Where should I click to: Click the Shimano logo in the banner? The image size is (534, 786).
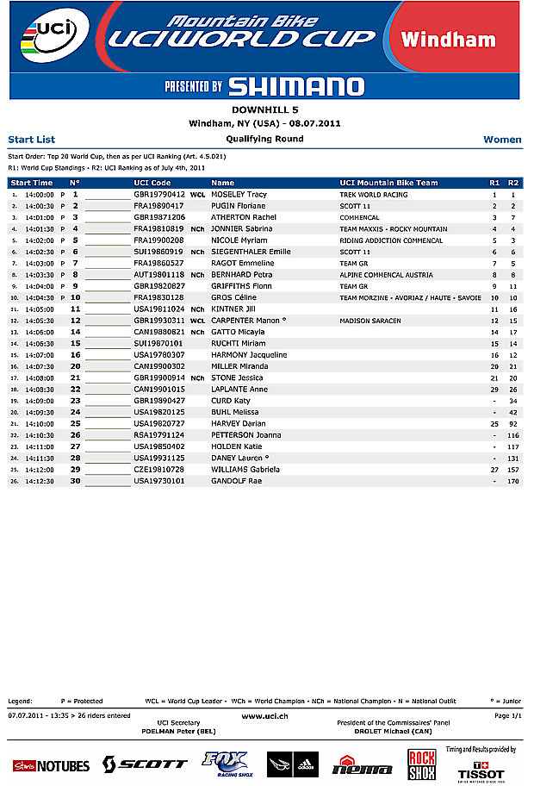[x=296, y=86]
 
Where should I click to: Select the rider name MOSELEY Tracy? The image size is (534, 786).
[x=239, y=196]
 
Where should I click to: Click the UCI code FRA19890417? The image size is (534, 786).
[x=158, y=207]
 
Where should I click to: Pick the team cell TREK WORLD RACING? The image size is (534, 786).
[x=373, y=196]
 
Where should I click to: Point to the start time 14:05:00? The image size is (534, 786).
[x=40, y=309]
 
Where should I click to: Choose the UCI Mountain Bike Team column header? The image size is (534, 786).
[x=388, y=183]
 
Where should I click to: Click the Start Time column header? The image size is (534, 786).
[x=32, y=183]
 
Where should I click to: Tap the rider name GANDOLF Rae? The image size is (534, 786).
[x=236, y=481]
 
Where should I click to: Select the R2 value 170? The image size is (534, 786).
[x=513, y=481]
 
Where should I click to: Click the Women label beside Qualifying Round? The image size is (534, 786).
[x=502, y=139]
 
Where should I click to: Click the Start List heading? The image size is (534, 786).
[x=32, y=139]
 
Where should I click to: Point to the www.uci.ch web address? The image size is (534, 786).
[x=264, y=715]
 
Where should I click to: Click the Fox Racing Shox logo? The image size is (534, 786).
[x=225, y=763]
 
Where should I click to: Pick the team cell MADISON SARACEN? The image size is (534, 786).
[x=370, y=321]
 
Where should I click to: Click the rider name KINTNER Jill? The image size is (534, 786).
[x=234, y=309]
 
